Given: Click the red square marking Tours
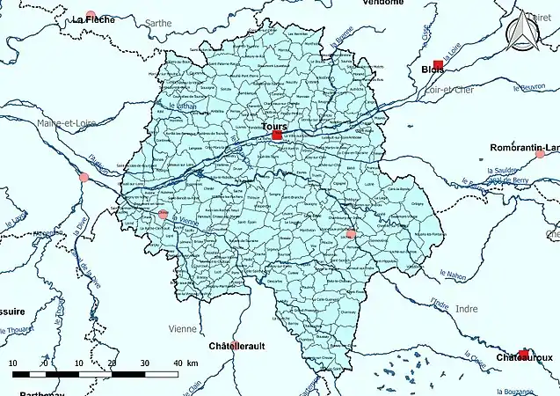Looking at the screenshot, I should pos(277,136).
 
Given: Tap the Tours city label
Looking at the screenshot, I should pos(274,126).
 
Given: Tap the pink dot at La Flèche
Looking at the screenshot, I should pos(91,15).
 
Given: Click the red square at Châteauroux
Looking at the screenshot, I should pos(524,354).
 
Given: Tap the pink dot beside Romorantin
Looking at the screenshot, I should pos(516,154).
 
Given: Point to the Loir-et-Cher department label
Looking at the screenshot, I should pos(449,88).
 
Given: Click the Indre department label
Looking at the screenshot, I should pos(467,309).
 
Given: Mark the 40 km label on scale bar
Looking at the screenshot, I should pos(180,363).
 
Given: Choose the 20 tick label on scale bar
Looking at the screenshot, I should pos(112,363).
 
